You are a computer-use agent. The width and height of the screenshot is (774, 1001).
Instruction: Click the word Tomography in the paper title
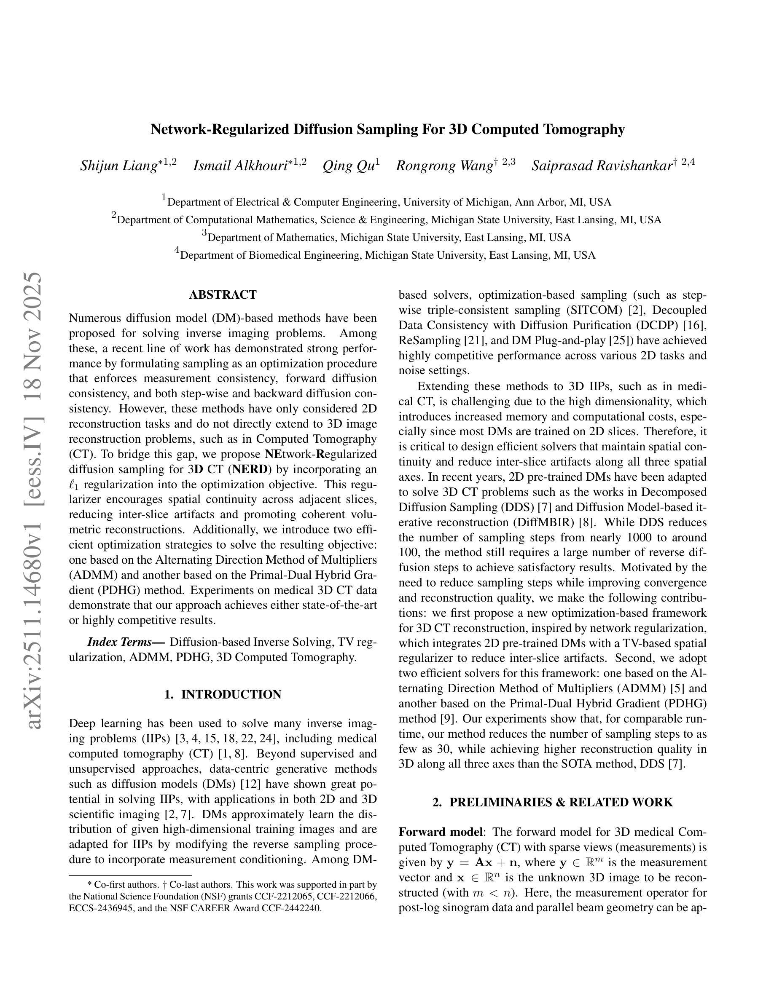pyautogui.click(x=584, y=130)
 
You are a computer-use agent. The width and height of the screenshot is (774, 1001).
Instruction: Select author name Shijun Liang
pyautogui.click(x=119, y=166)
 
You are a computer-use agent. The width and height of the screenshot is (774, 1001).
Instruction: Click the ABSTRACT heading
pyautogui.click(x=223, y=295)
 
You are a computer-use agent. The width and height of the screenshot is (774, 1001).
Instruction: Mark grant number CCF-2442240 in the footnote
pyautogui.click(x=292, y=908)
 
